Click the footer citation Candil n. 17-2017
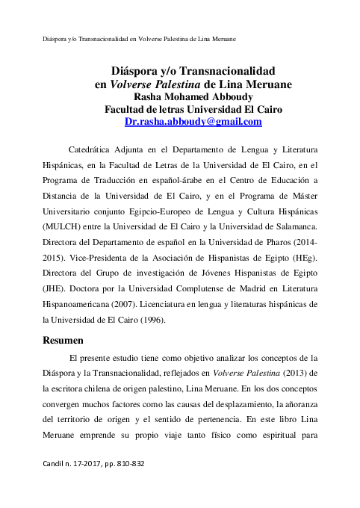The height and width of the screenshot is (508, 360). pos(96,463)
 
